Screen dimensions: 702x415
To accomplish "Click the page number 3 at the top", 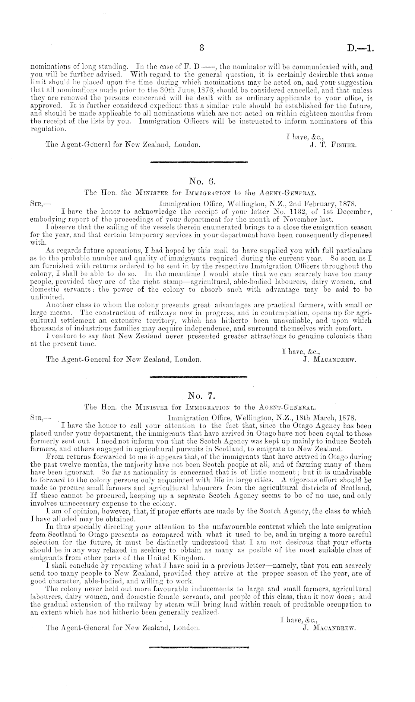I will click(x=202, y=48).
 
